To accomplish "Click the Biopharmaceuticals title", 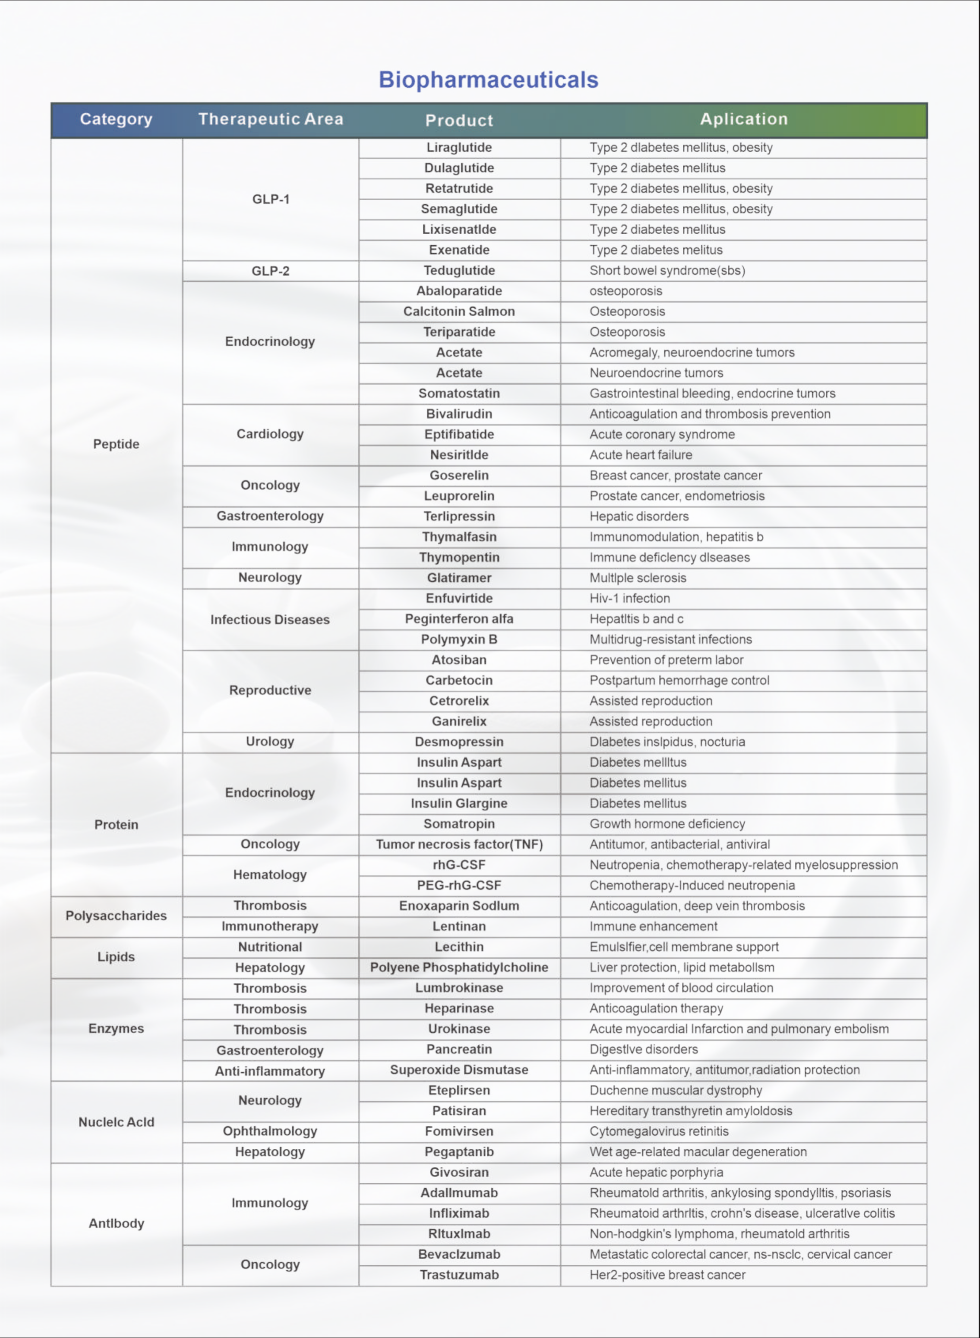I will (488, 80).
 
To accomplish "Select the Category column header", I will (116, 119).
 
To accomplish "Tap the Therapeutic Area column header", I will (270, 119).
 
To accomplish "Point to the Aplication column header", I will (744, 119).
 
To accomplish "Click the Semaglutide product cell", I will (459, 209).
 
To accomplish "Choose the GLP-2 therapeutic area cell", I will (270, 271).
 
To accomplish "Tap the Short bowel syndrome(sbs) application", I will (667, 271).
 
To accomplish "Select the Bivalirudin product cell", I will (459, 414).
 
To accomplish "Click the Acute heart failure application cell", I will (641, 455).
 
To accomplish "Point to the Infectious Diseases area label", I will (270, 620).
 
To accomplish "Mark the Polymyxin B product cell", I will (459, 640).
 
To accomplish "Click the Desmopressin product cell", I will (459, 742).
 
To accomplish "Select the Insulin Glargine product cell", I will (459, 804).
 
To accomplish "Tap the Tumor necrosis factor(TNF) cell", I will (459, 845).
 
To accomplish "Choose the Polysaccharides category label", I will (116, 916).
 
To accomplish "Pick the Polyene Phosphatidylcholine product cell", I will (459, 967).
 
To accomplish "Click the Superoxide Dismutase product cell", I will (459, 1070).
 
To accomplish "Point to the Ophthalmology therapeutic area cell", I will (270, 1132).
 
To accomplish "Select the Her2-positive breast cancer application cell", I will (667, 1275).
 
